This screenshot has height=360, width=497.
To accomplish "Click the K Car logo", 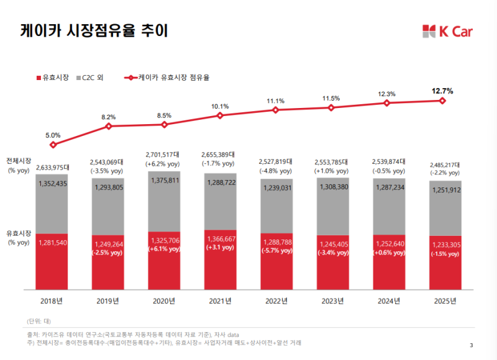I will click(446, 30).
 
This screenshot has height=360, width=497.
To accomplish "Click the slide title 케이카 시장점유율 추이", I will click(94, 30).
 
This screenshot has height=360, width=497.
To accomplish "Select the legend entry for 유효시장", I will click(53, 78).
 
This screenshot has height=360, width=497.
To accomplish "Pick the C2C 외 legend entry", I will click(89, 78).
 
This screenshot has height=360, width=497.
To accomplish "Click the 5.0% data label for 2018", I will click(53, 135).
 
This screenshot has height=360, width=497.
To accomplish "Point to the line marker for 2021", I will click(220, 115).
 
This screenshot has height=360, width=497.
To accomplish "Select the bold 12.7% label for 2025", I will click(442, 91).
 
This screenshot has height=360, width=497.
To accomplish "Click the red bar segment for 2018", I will click(53, 261).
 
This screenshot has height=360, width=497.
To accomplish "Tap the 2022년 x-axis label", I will click(276, 301).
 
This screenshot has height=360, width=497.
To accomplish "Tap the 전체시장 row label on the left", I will click(19, 161).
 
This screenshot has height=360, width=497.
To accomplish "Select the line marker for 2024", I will click(387, 103).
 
